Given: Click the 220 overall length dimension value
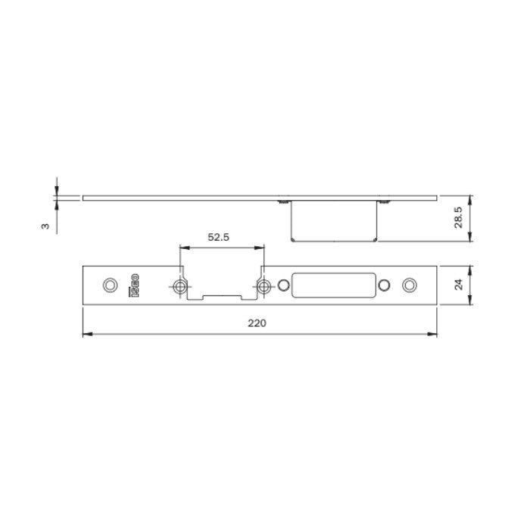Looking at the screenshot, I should coord(258,323).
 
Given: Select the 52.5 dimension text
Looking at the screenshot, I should coord(218,237).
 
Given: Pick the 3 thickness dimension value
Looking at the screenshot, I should coord(45,226).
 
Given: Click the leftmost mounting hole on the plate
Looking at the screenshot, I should coord(109,285).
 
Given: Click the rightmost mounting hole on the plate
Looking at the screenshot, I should coord(410,285).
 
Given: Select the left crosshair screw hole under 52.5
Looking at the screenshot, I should coord(179,285).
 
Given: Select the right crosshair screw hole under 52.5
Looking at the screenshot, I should coord(263,285).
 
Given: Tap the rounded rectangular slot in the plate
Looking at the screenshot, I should coord(334,285).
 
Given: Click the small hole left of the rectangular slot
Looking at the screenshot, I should coord(284,285).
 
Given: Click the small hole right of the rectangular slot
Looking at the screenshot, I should coord(384,285).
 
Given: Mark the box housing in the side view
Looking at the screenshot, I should coord(334,221).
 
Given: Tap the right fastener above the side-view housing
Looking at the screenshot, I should coord(384,201).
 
